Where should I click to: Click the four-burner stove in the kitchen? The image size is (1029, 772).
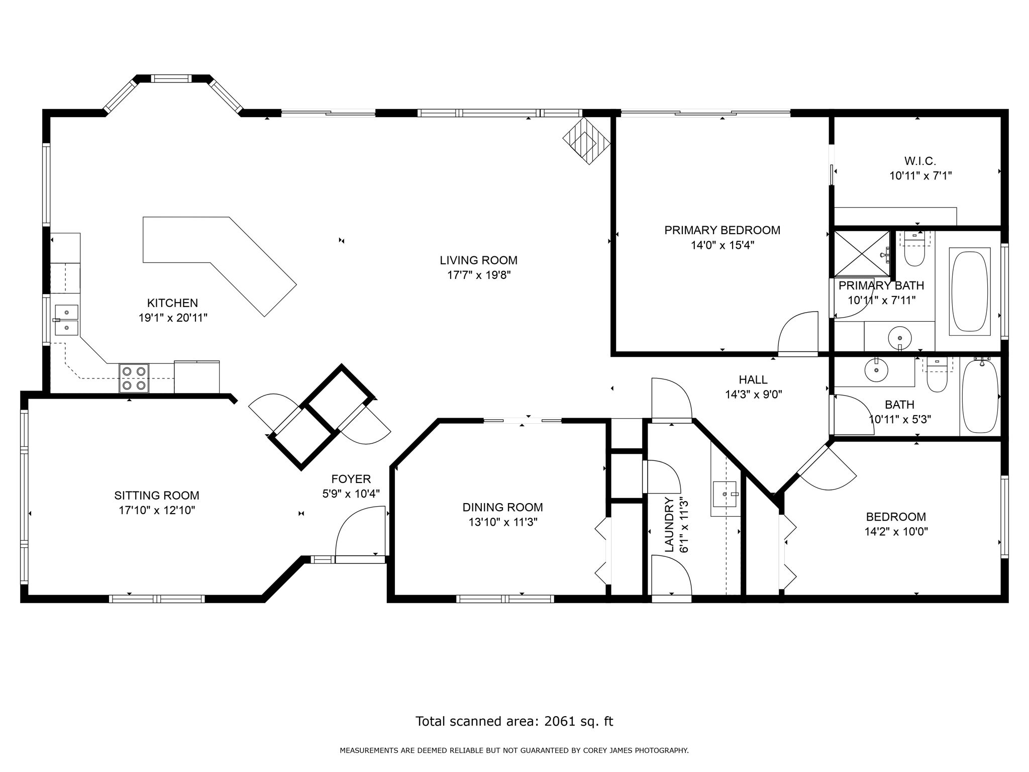(134, 378)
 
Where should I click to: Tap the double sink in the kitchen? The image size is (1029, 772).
(66, 320)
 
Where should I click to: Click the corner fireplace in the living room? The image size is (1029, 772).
(586, 140)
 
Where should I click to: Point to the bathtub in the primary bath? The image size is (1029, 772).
(970, 292)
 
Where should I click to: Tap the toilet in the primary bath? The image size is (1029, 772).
(914, 249)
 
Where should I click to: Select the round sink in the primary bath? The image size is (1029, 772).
(899, 338)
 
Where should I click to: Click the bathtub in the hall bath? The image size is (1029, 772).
(979, 396)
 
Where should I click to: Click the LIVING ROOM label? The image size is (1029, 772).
(478, 260)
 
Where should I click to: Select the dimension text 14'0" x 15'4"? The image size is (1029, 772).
(722, 245)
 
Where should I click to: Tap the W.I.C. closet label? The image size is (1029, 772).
(920, 161)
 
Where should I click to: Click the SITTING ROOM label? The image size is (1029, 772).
(157, 496)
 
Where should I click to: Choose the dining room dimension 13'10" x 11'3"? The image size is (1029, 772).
(503, 522)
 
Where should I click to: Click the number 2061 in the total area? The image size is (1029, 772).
(560, 722)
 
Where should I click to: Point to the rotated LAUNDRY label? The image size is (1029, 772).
(669, 525)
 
